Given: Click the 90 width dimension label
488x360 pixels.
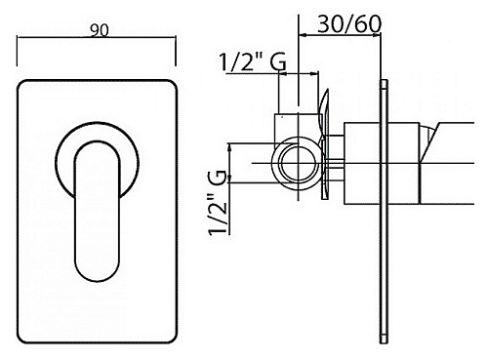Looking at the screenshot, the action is (x=100, y=31).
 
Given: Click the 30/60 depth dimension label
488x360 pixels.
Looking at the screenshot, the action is (x=348, y=24).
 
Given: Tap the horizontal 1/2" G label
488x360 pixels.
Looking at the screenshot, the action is (x=253, y=61).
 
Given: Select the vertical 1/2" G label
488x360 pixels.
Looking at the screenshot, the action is (x=217, y=202).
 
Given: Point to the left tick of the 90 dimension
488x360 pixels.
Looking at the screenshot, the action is (x=18, y=52).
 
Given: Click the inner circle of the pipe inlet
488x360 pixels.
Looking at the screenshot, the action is (x=299, y=163).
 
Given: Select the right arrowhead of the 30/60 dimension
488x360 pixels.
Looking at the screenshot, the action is (x=377, y=34).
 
